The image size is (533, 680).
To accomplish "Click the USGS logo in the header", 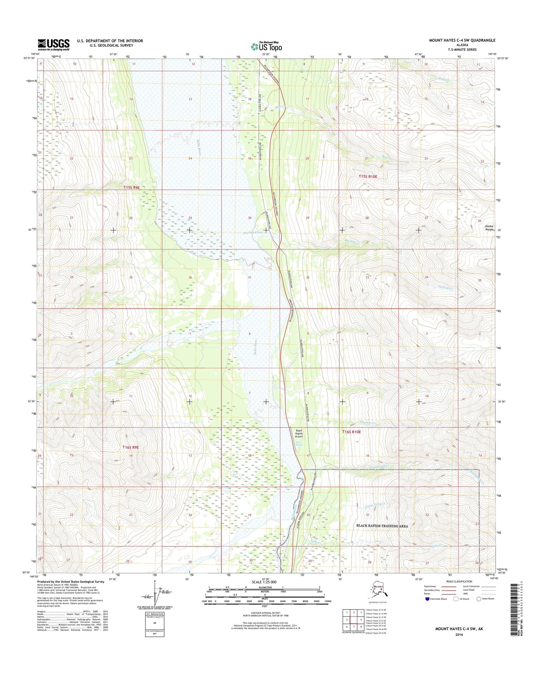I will tap(53, 45).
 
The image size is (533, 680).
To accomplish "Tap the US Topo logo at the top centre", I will tap(266, 46).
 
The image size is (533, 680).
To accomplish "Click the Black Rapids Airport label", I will tap(299, 433).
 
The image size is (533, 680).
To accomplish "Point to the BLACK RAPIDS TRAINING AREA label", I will tap(382, 526).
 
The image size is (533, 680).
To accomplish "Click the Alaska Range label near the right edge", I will tap(489, 228).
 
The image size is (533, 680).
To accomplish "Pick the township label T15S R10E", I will tap(368, 176).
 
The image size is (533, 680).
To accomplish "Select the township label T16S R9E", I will tap(131, 447).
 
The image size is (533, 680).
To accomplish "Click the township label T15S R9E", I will tap(132, 188).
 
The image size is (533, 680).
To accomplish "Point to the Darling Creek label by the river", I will tap(253, 233).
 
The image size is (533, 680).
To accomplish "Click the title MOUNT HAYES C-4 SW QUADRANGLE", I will tap(462, 40).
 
